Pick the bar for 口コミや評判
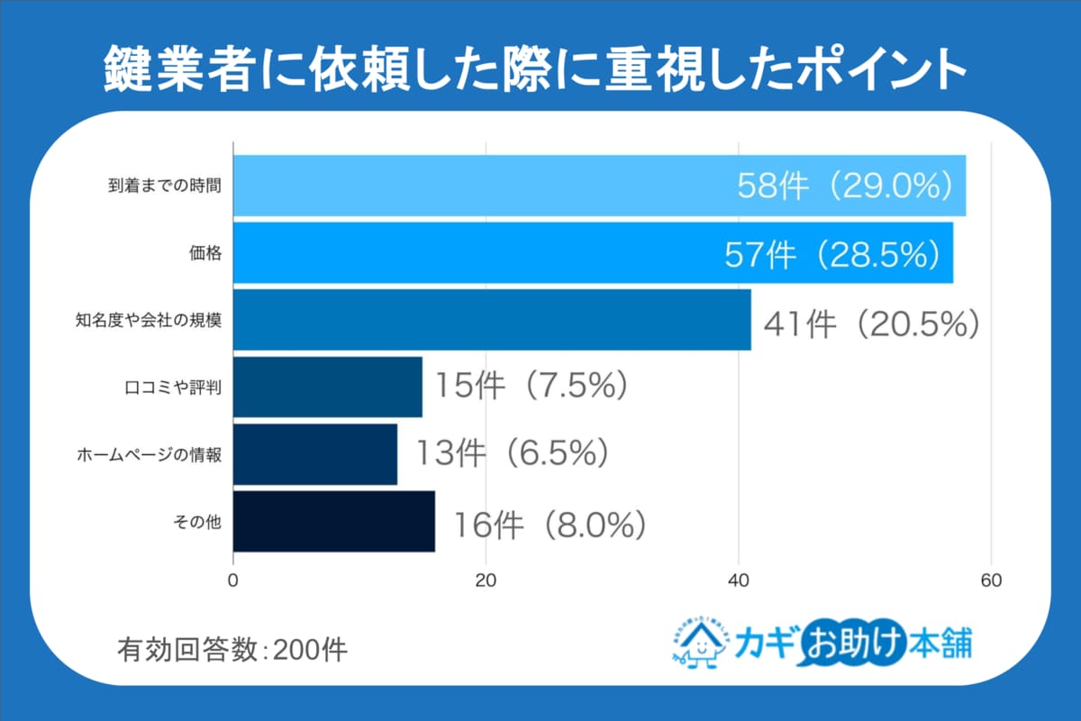click(x=328, y=387)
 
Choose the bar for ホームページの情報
click(x=315, y=454)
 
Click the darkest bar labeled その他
click(x=334, y=521)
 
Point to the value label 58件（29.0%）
click(x=845, y=186)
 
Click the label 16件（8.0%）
click(x=550, y=524)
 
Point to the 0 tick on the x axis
click(x=234, y=580)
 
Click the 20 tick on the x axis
click(x=486, y=580)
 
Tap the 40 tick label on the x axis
click(x=739, y=580)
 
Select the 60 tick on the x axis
click(x=991, y=580)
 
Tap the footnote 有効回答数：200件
click(x=232, y=649)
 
